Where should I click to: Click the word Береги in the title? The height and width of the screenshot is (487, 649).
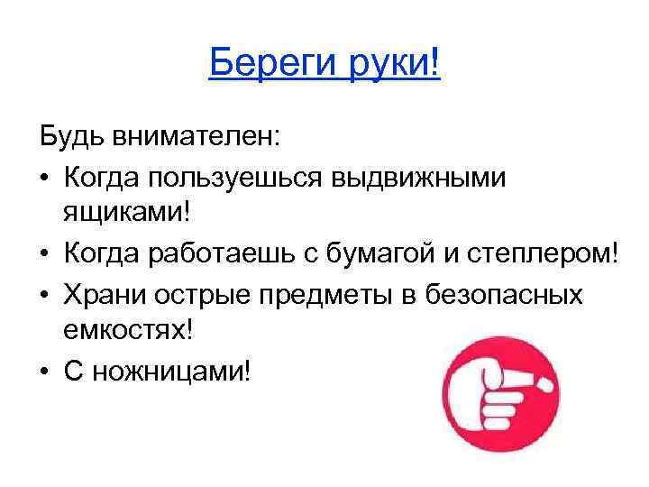click(x=266, y=64)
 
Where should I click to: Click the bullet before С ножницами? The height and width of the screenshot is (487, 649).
click(x=45, y=371)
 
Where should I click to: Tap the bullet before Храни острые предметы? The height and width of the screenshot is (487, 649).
click(x=45, y=293)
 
